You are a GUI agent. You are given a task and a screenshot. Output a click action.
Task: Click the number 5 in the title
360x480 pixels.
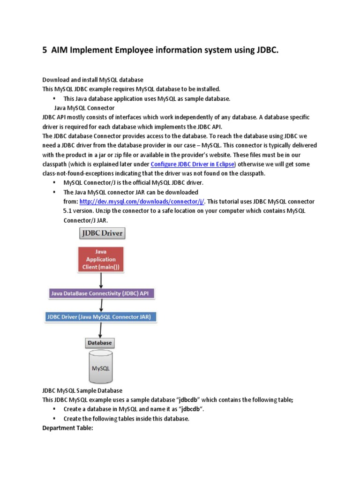click(45, 50)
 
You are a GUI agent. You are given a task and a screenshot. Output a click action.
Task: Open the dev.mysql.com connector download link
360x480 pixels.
click(142, 202)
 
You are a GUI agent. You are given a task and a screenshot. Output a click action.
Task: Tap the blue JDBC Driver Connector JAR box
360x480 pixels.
click(101, 317)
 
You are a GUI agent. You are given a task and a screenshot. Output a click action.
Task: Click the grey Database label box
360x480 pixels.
click(99, 343)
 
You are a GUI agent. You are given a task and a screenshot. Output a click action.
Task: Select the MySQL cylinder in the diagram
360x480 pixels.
click(100, 367)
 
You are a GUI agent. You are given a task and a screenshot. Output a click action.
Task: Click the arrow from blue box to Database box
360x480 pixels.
click(99, 330)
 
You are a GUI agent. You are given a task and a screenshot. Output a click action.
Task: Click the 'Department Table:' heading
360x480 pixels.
click(68, 428)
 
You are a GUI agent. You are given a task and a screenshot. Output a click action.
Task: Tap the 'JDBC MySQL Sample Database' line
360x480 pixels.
click(82, 390)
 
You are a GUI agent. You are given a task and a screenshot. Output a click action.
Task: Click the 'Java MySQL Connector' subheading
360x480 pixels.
click(84, 108)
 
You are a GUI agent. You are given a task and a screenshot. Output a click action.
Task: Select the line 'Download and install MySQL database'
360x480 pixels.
click(93, 80)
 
